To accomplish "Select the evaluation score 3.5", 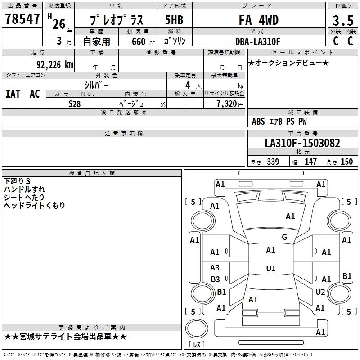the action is [x=342, y=21].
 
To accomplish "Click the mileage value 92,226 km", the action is [x=55, y=65].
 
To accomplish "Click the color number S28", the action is [x=75, y=103].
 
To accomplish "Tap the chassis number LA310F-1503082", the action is [x=302, y=144].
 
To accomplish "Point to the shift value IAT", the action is [x=13, y=94].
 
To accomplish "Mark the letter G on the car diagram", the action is [x=284, y=237].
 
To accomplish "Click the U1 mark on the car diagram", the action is [x=270, y=269].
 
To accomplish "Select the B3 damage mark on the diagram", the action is [x=215, y=279].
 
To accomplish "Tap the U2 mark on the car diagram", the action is [x=320, y=292].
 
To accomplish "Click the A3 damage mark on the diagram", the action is [x=215, y=268].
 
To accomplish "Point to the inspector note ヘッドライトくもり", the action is [x=35, y=206].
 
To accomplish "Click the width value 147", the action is [x=310, y=162].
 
